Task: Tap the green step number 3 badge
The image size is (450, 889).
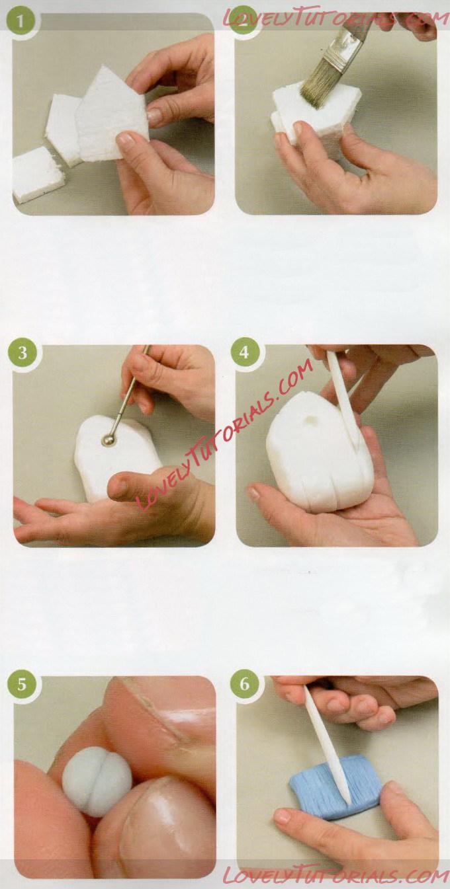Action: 22,353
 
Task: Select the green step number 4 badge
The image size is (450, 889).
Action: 244,352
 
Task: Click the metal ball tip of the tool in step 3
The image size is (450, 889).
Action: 108,440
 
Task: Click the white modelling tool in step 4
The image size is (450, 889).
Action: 341,396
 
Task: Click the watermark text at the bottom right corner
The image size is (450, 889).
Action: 335,872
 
